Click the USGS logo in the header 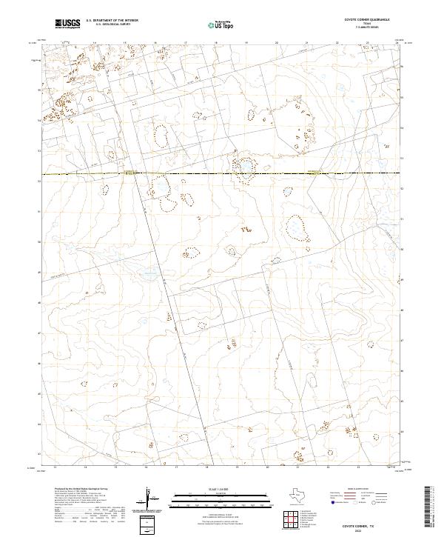point(67,24)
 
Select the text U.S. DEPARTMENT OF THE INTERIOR point(112,21)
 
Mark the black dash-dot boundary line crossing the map point(222,174)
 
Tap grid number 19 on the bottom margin point(236,467)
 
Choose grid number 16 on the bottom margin point(146,467)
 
